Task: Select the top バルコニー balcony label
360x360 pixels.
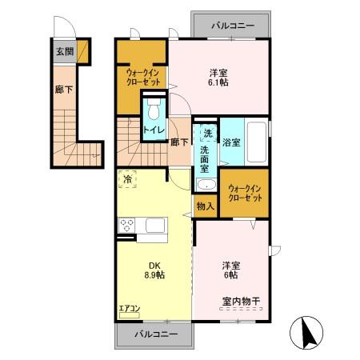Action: (233, 26)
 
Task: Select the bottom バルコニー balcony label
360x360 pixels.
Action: (156, 333)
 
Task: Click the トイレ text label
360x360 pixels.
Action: (154, 130)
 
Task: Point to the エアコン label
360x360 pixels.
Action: (129, 307)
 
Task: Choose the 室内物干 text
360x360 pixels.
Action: (245, 301)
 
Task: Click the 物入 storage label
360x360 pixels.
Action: (206, 206)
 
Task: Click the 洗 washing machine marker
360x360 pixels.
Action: (207, 132)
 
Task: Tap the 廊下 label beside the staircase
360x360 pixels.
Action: (179, 142)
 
